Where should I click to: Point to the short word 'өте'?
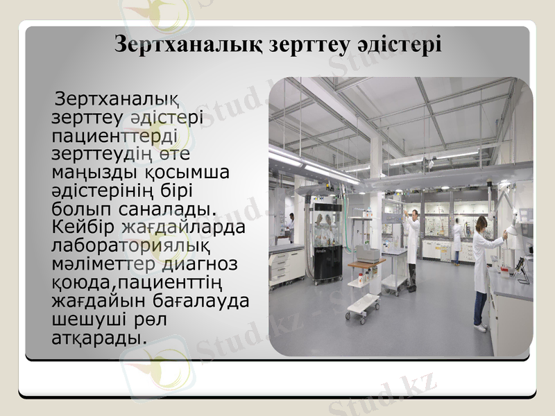pyautogui.click(x=176, y=152)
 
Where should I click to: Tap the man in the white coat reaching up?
pyautogui.click(x=412, y=236)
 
